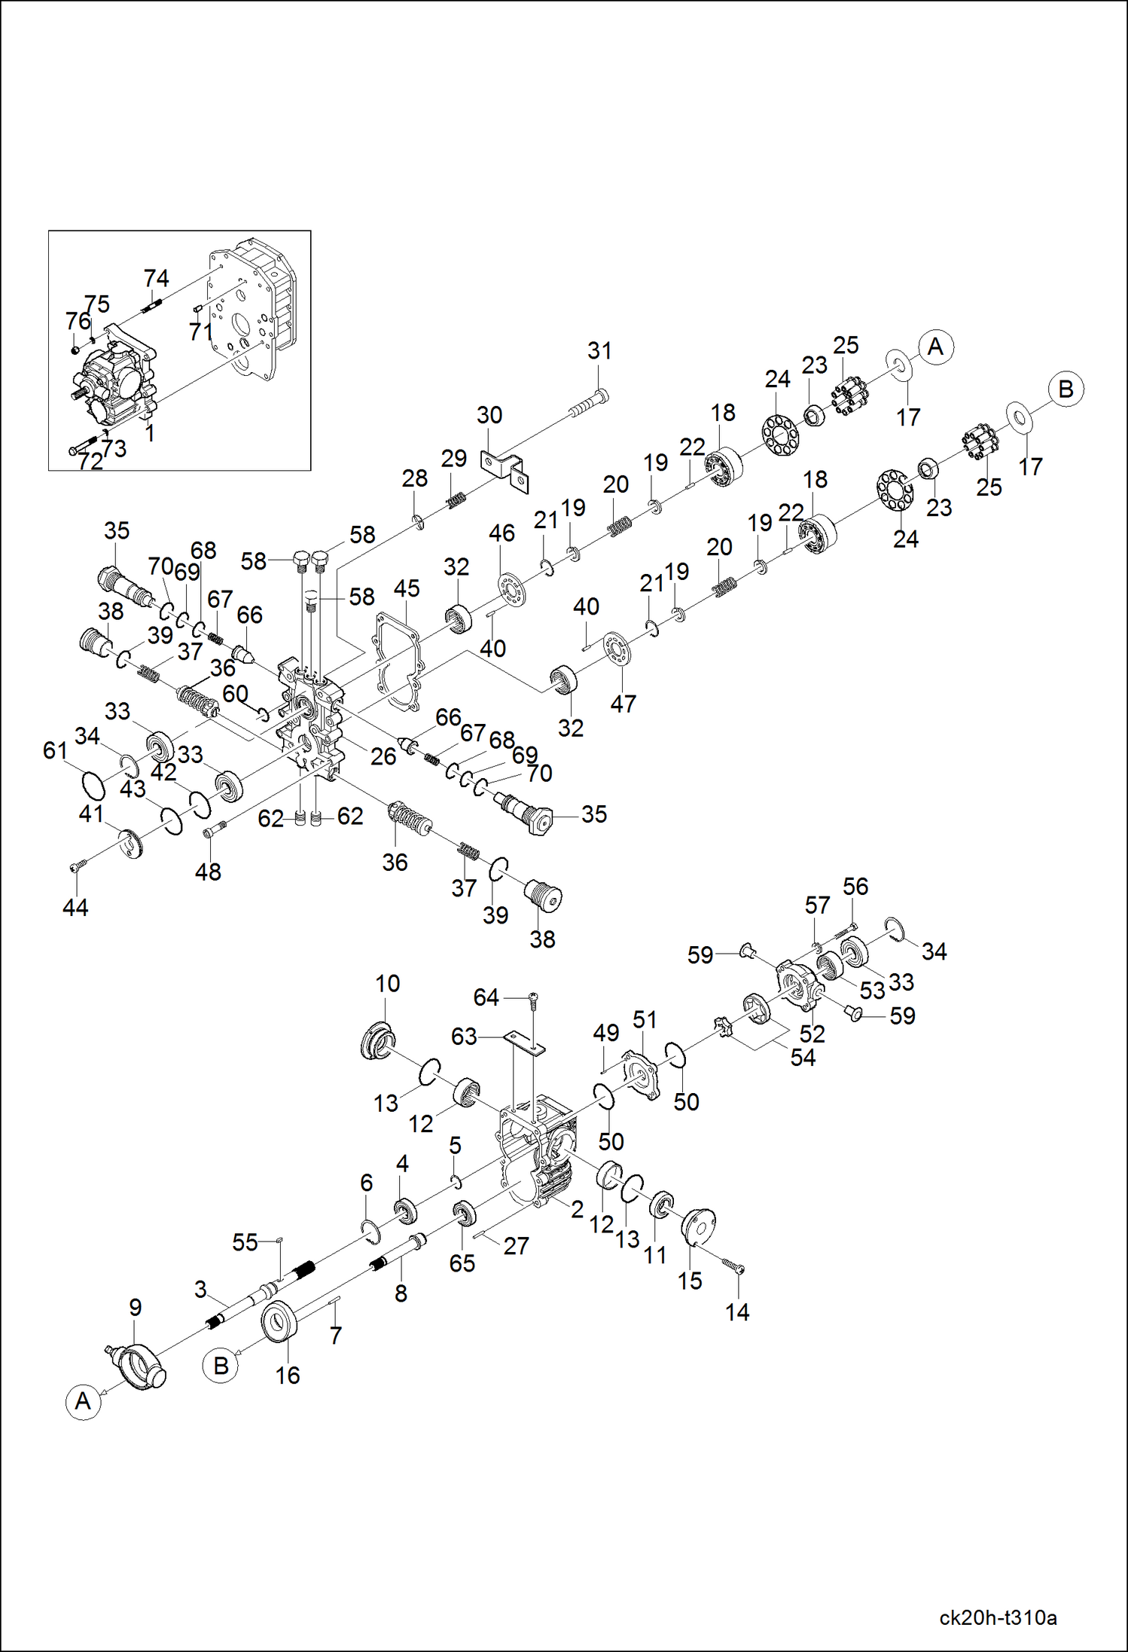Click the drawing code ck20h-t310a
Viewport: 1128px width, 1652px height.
[998, 1617]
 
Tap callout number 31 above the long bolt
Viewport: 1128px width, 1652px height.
[599, 350]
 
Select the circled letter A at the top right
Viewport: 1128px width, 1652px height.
[935, 347]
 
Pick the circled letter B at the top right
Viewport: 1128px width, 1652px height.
[1066, 389]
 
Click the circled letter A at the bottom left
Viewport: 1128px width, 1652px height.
[83, 1401]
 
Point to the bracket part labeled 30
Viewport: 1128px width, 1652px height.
[505, 470]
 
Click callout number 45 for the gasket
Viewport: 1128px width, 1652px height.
[407, 588]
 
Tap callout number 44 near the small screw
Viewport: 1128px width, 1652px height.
[75, 907]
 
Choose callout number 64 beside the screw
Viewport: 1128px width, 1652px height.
[486, 997]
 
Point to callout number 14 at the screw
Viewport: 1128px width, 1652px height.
[736, 1312]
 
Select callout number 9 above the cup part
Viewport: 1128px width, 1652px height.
[135, 1307]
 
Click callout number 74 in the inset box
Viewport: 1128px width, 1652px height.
[157, 278]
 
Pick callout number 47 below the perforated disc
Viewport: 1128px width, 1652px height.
[623, 704]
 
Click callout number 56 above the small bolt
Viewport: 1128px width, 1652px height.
[855, 886]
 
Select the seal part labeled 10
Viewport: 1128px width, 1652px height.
[377, 1040]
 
